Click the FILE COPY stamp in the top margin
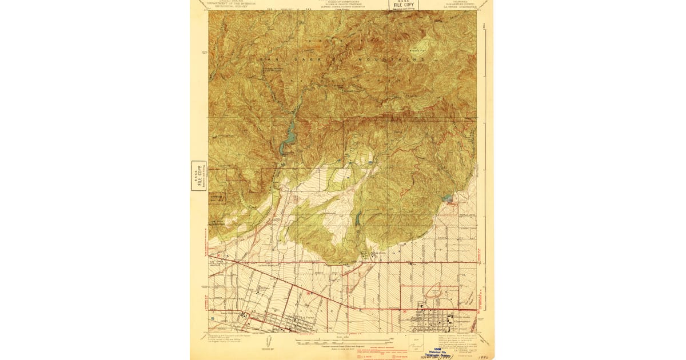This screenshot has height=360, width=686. pos(404,5)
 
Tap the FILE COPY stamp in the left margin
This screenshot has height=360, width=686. pos(198,177)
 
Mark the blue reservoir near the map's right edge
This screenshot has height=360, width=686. pos(448,198)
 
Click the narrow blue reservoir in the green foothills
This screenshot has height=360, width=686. pos(358,217)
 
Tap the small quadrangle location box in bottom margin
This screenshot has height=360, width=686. pos(416,346)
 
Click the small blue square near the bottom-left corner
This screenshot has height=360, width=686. pos(213,319)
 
